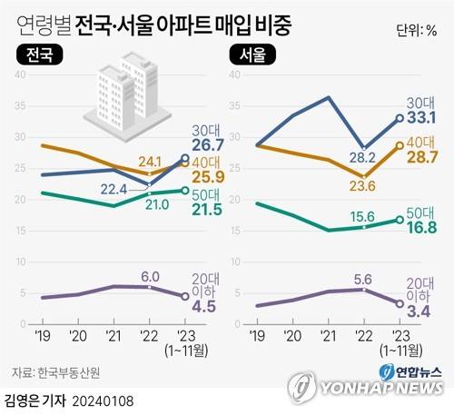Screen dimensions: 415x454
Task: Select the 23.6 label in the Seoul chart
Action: (363, 189)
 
